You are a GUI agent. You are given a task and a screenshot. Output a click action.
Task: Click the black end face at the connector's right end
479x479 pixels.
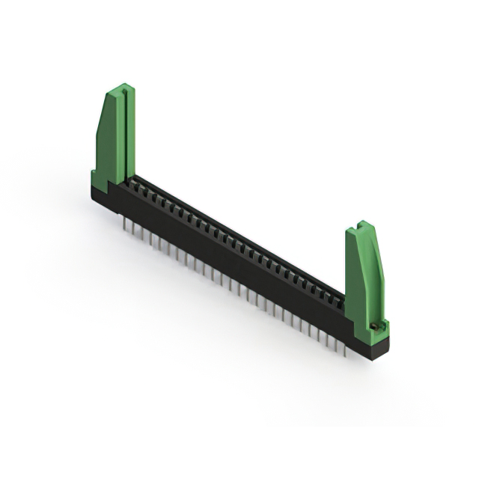pyautogui.click(x=379, y=345)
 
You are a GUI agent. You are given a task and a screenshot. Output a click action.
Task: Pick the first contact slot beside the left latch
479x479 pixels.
pyautogui.click(x=137, y=182)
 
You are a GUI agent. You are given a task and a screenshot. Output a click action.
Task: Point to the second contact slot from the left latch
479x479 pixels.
pyautogui.click(x=145, y=186)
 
